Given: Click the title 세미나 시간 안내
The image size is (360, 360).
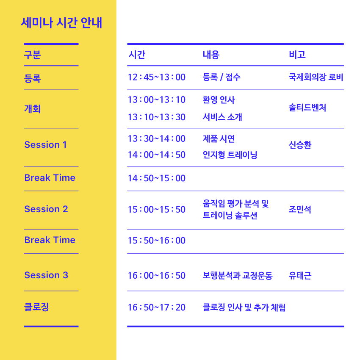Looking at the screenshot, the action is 61,23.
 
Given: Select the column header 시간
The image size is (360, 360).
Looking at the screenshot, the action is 137,55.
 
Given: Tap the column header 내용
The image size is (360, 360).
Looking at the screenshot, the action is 211,55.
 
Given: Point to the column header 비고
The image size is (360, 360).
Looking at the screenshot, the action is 297,55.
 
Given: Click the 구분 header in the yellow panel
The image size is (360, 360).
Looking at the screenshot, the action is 32,55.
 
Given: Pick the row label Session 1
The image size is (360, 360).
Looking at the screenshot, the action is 45,145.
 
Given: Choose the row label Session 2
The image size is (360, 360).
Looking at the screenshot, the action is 46,209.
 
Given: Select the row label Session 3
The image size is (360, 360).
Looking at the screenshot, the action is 46,275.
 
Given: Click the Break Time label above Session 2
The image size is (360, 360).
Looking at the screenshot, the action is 50,178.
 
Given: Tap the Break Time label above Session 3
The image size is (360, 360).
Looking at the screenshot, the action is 50,240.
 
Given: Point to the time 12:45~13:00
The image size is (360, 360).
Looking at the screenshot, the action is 157,77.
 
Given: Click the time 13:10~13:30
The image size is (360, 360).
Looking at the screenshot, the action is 157,117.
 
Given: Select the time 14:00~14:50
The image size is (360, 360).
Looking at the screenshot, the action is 157,155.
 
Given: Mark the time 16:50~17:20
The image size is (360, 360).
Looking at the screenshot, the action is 157,307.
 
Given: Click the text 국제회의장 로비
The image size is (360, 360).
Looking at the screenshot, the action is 316,77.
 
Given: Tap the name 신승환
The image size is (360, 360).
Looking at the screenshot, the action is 300,145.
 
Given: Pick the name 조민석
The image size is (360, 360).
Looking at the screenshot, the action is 300,209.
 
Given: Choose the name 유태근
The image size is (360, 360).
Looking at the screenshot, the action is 300,276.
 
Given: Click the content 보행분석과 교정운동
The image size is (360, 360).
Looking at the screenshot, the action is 238,276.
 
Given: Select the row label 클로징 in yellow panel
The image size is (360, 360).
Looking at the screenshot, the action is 36,307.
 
